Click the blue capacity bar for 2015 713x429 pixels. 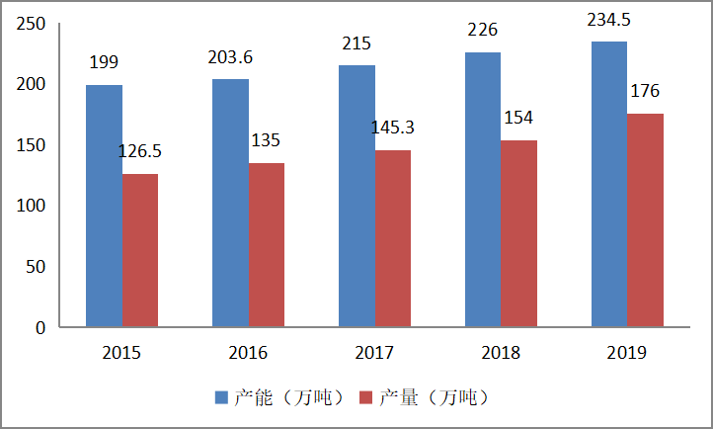click(104, 206)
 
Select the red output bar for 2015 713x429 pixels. click(140, 250)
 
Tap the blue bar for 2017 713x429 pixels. click(356, 196)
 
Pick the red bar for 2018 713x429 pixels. click(518, 233)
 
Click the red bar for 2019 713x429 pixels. click(645, 220)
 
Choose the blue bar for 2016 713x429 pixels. click(230, 203)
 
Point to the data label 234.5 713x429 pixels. click(609, 20)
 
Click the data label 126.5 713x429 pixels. click(139, 151)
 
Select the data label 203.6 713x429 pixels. click(230, 57)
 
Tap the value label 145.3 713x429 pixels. click(393, 128)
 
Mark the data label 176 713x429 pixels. click(645, 91)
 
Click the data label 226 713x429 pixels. click(483, 30)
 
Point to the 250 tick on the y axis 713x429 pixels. click(31, 24)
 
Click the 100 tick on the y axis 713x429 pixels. click(31, 206)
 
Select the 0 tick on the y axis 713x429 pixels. click(40, 327)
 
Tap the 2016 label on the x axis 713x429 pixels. click(248, 353)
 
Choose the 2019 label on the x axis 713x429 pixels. click(627, 353)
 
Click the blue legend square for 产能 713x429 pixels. click(221, 397)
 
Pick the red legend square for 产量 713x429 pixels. click(366, 397)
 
